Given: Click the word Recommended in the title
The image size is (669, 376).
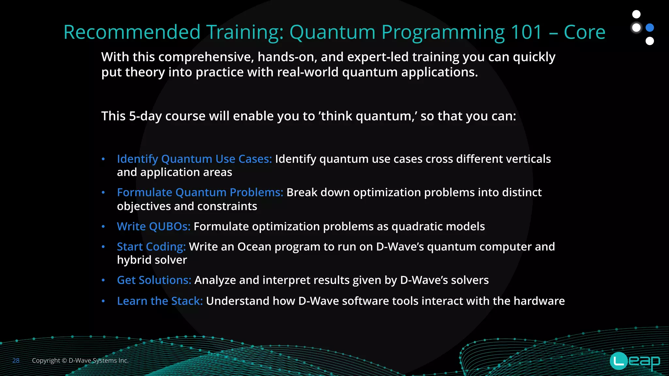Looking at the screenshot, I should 132,32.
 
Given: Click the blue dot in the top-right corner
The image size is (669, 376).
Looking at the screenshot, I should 650,28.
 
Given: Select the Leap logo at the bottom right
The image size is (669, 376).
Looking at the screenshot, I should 635,361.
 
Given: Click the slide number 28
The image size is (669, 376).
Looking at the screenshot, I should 16,361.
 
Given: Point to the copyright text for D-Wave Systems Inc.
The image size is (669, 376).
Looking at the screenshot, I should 80,361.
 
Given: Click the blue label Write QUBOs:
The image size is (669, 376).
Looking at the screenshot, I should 154,227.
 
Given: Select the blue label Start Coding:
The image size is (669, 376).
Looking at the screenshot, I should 151,247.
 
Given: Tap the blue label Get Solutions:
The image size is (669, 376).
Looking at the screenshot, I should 154,280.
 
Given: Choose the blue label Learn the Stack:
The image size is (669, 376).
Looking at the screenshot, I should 160,301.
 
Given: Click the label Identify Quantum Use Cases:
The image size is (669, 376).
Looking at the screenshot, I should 194,159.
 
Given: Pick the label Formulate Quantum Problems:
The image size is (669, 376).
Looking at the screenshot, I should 200,193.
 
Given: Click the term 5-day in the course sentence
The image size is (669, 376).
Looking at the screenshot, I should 145,116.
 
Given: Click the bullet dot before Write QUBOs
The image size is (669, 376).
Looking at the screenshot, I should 103,227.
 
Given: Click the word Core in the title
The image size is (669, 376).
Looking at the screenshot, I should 584,32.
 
